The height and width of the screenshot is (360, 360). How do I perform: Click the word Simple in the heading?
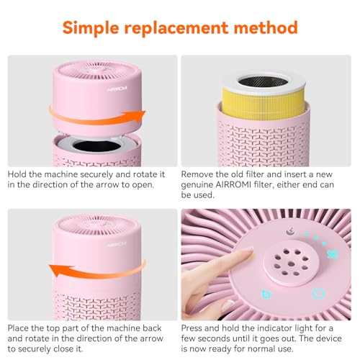pos(91,28)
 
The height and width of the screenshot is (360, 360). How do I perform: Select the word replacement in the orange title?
pos(176,28)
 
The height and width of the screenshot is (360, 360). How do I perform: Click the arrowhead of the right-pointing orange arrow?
pos(138,117)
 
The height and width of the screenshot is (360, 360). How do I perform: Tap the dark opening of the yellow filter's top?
pos(263,81)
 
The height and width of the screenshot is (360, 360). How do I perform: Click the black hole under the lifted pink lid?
pos(97,146)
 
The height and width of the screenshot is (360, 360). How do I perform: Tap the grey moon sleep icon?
pos(290,232)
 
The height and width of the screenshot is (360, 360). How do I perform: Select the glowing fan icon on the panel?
pos(333,254)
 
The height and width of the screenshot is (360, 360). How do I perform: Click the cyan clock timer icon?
pos(318,293)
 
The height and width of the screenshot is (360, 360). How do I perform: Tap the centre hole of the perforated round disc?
pos(291,264)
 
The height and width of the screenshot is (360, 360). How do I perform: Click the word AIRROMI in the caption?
pos(233,184)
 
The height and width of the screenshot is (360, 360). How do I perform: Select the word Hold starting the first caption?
pos(17,174)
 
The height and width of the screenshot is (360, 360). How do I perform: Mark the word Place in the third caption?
pos(18,328)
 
